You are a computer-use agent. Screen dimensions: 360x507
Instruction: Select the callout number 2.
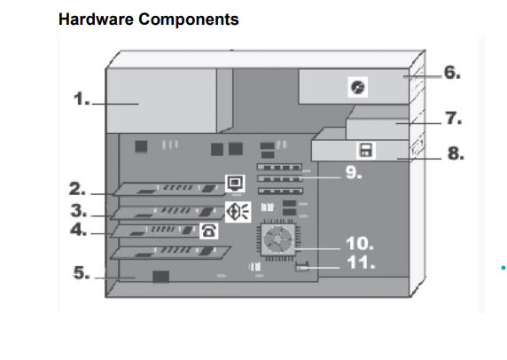78,189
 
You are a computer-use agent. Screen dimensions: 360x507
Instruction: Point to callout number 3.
78,211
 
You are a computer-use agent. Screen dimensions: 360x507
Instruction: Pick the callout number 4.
78,231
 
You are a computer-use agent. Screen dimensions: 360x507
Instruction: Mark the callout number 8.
455,153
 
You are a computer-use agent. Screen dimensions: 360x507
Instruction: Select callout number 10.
359,243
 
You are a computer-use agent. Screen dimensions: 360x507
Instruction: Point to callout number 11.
359,263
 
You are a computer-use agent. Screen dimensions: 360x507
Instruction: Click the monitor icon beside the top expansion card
235,184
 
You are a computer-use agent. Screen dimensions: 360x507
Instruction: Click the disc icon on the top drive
358,87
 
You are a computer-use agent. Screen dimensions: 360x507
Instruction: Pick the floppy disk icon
364,151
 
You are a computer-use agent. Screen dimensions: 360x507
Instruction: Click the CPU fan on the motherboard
277,239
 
